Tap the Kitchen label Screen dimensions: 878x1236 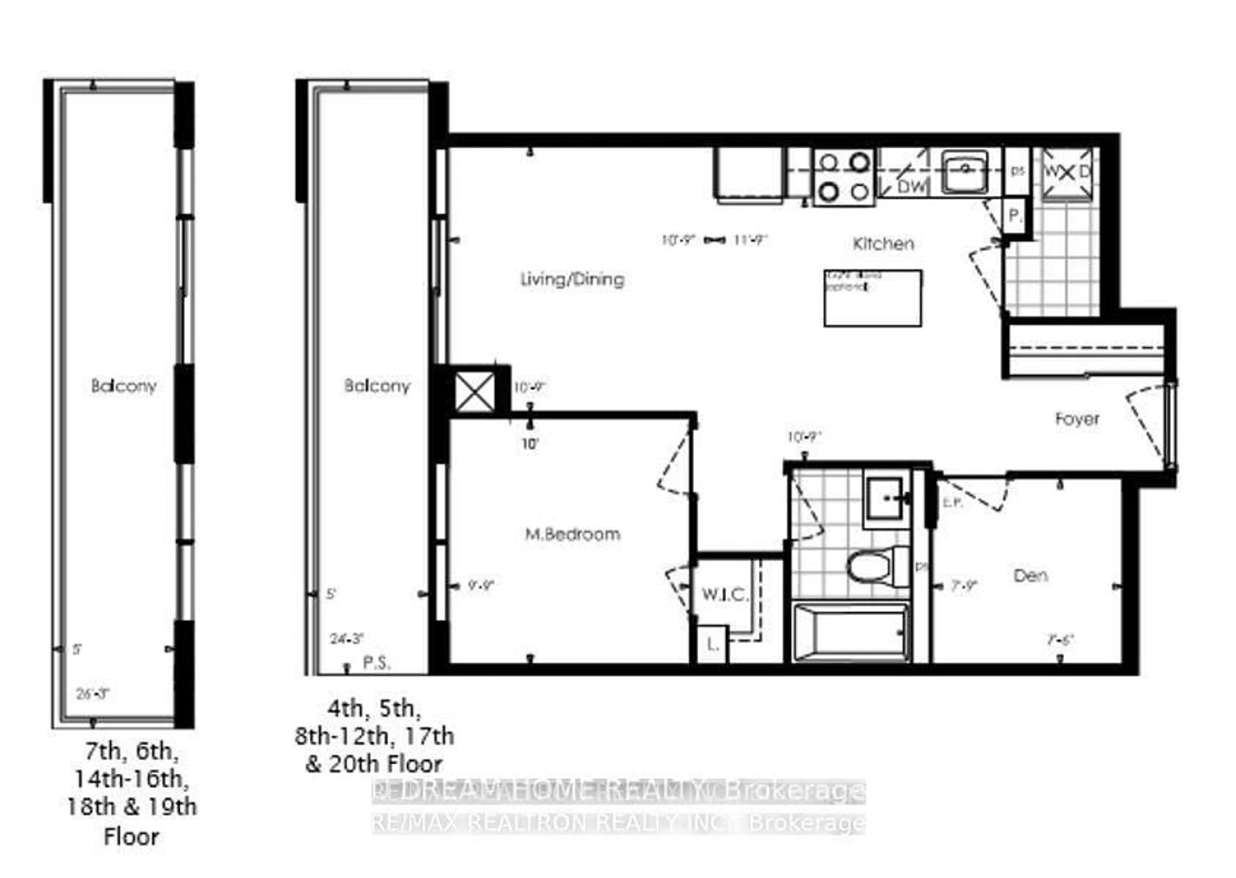883,244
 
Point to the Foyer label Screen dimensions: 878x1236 1077,419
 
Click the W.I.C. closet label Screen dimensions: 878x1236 725,595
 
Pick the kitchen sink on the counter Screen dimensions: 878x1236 965,172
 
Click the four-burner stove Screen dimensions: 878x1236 844,177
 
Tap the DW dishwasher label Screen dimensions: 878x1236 912,186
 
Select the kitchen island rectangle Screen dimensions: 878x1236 872,298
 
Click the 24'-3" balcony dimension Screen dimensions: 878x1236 346,639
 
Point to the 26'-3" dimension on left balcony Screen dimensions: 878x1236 93,693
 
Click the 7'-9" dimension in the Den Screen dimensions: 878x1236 964,586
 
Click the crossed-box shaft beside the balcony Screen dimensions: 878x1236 474,392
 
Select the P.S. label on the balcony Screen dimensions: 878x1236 376,663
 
